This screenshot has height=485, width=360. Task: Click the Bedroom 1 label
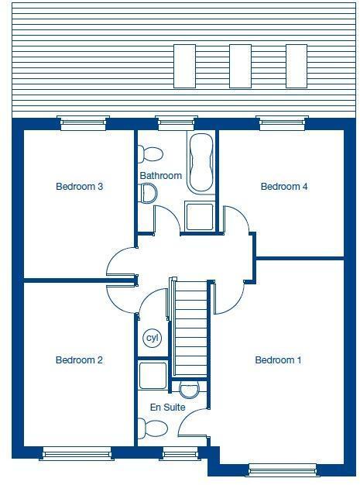coord(279,360)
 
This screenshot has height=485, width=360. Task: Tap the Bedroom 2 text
coord(80,360)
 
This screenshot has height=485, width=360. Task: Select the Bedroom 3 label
coord(80,187)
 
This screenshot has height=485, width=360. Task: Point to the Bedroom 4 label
coord(284,187)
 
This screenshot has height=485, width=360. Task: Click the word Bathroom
coord(161,176)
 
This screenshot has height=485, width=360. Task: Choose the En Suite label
coord(168,406)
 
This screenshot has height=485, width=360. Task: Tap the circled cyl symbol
coord(152,339)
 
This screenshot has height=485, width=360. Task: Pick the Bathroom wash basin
coord(148,194)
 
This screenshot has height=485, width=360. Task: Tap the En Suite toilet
coord(153,428)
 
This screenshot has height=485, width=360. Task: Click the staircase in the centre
coord(190,328)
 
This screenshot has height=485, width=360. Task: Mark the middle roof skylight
coord(240,66)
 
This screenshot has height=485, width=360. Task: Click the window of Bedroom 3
coord(84,122)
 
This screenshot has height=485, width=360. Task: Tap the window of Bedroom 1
coord(282,469)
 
